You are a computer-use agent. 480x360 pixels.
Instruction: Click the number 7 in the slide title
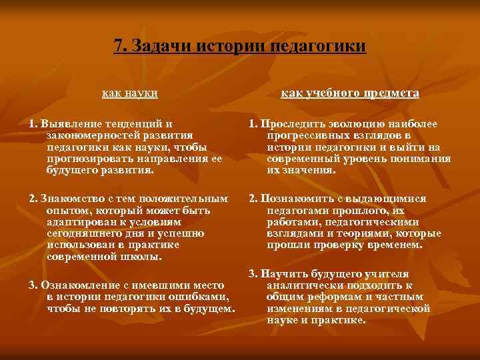(x=118, y=46)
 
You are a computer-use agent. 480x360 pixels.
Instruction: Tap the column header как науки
(x=129, y=93)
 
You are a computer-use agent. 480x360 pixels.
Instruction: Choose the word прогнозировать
(x=87, y=158)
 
